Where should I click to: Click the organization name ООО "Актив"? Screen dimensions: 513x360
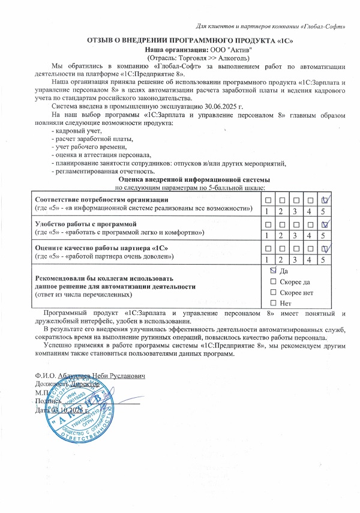pyautogui.click(x=231, y=49)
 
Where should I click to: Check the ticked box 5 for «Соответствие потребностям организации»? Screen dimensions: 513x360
pyautogui.click(x=324, y=199)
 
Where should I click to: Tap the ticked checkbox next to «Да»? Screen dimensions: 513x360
pyautogui.click(x=274, y=271)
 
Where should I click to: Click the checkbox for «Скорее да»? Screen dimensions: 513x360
pyautogui.click(x=274, y=281)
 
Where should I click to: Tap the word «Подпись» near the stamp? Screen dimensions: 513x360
pyautogui.click(x=47, y=400)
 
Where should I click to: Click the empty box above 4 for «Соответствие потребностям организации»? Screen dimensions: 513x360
pyautogui.click(x=310, y=199)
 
